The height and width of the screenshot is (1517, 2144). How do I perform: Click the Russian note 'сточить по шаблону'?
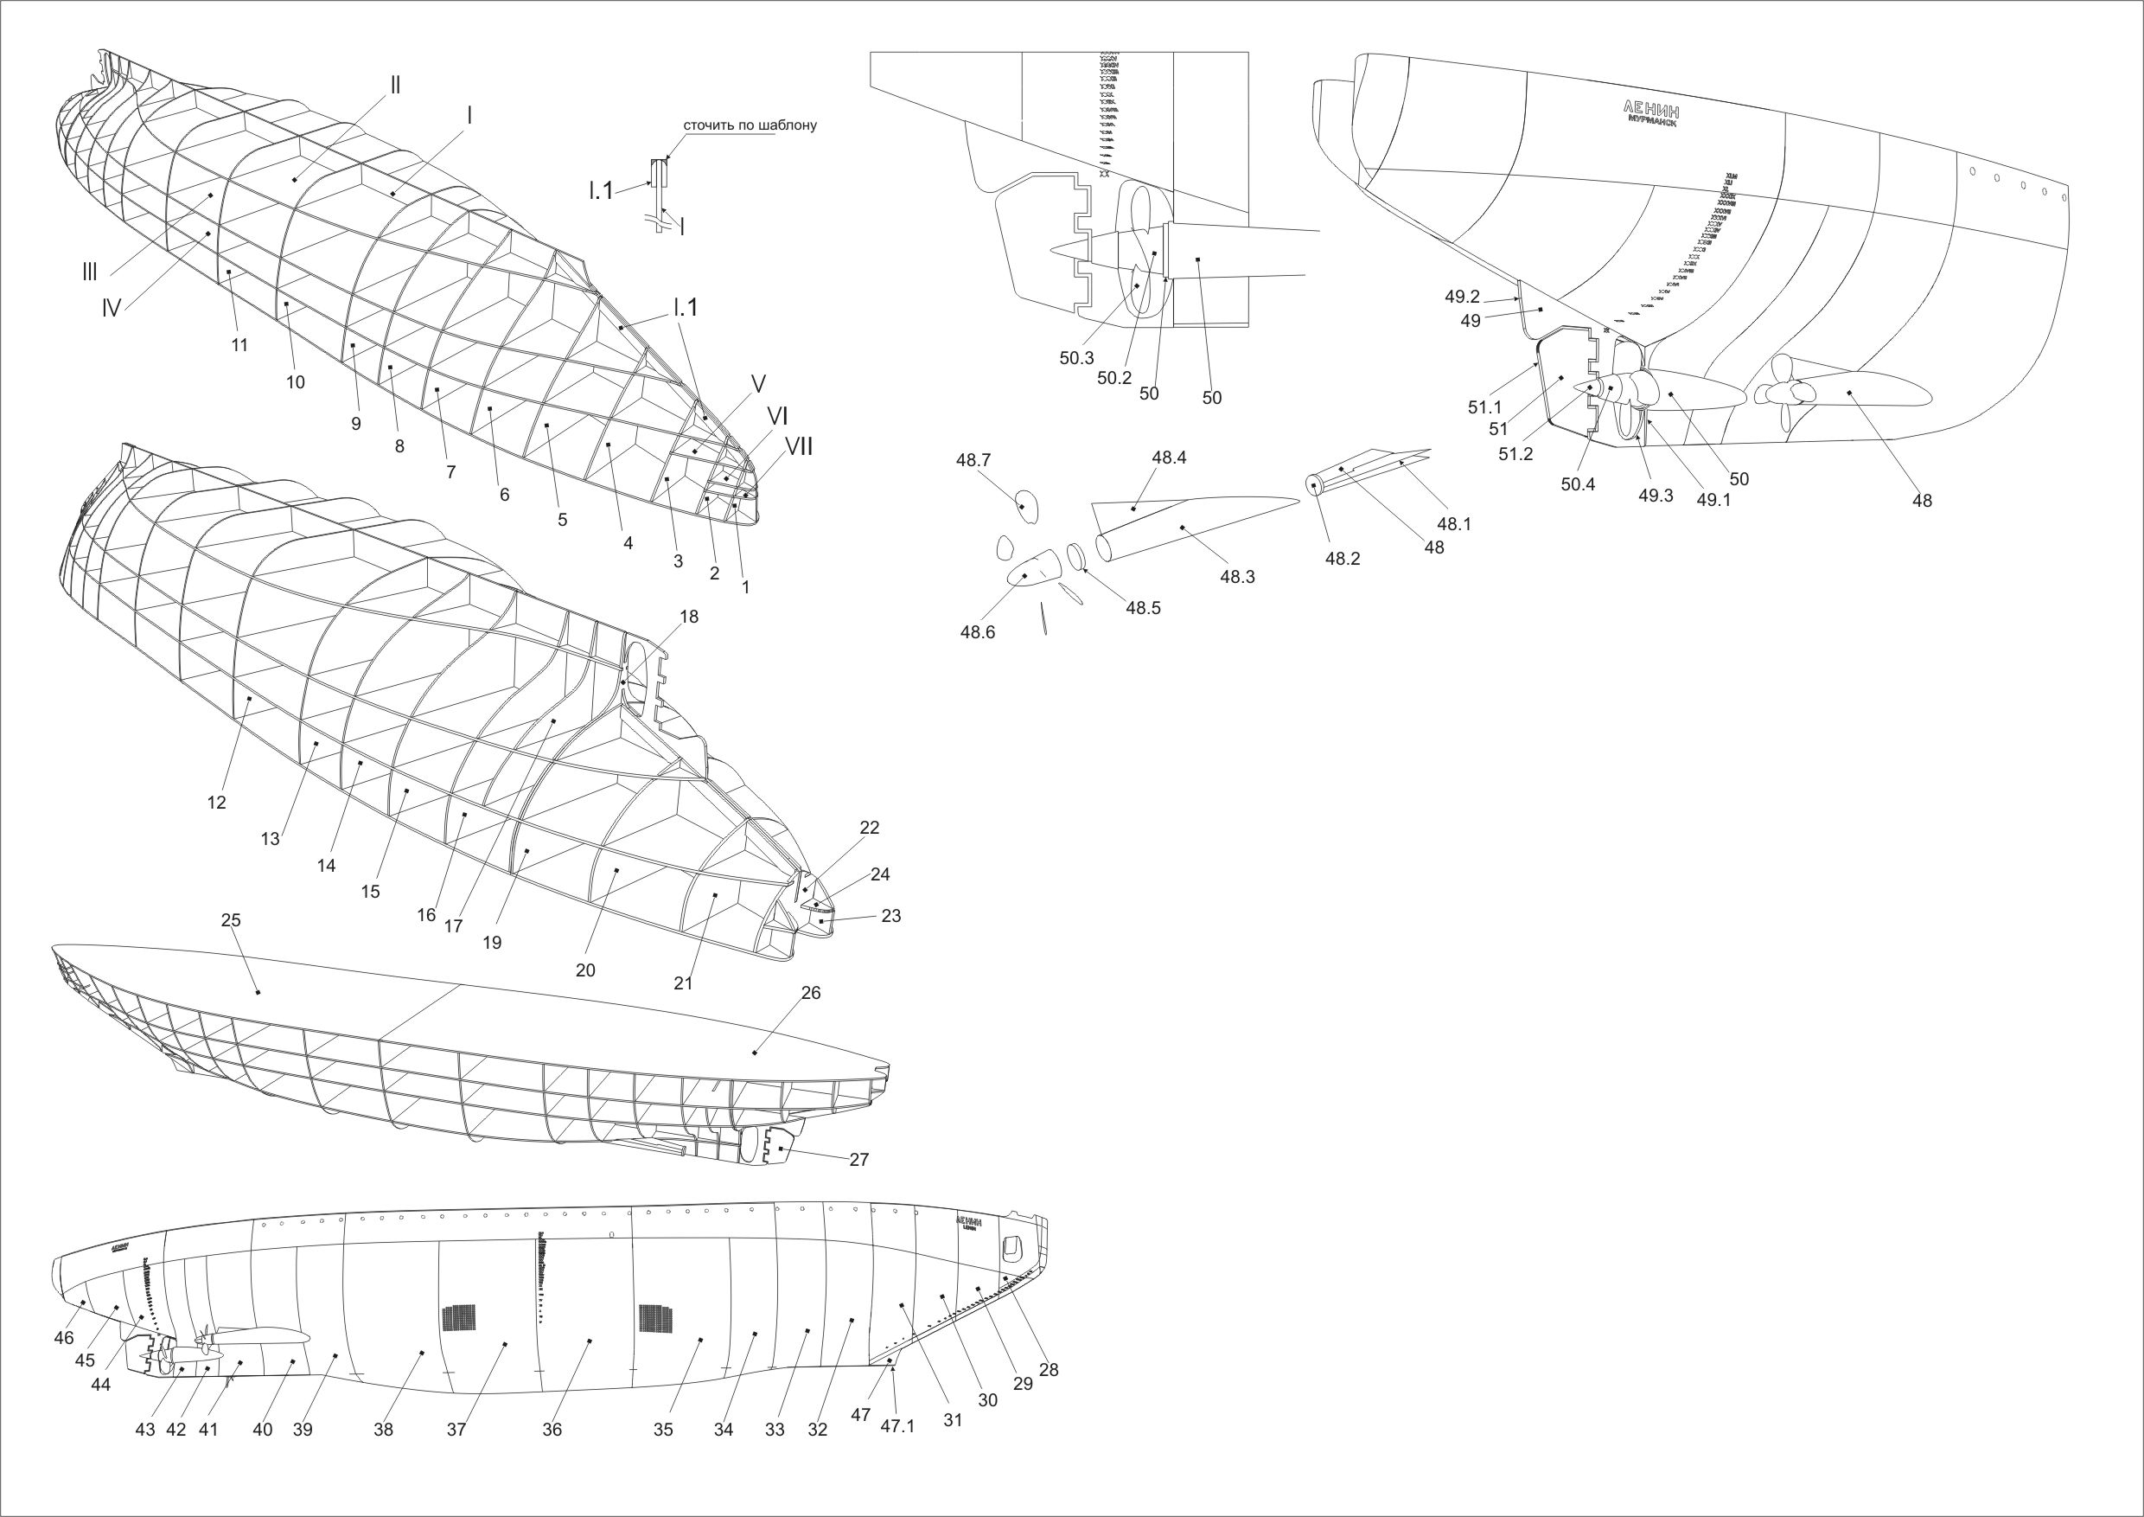click(x=750, y=125)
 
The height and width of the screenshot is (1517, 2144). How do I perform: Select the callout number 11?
click(x=240, y=345)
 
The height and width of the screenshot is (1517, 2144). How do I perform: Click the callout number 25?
click(x=231, y=920)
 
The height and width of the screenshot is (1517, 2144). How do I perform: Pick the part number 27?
click(x=859, y=1159)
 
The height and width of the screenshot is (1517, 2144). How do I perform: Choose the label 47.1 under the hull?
click(x=897, y=1426)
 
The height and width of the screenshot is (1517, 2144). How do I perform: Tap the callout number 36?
click(x=552, y=1431)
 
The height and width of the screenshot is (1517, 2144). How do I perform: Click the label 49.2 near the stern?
click(x=1462, y=297)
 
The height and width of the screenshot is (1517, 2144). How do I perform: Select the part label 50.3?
click(x=1076, y=358)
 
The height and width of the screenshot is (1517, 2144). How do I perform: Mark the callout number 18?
click(x=689, y=617)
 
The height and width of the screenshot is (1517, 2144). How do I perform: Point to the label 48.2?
click(x=1343, y=559)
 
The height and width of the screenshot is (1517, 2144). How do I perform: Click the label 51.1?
click(x=1484, y=408)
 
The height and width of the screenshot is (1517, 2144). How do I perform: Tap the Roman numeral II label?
click(x=396, y=84)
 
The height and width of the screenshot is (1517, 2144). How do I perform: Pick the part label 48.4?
click(x=1169, y=458)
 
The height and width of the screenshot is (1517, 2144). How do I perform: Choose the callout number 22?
click(x=870, y=828)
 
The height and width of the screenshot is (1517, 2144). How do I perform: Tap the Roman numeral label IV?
click(x=112, y=307)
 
